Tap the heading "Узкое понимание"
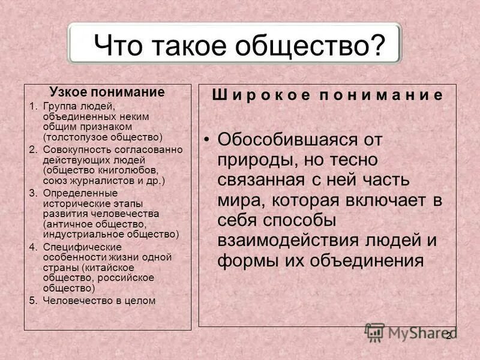[x=107, y=92]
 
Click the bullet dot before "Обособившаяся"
[x=207, y=140]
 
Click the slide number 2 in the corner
[x=448, y=336]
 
